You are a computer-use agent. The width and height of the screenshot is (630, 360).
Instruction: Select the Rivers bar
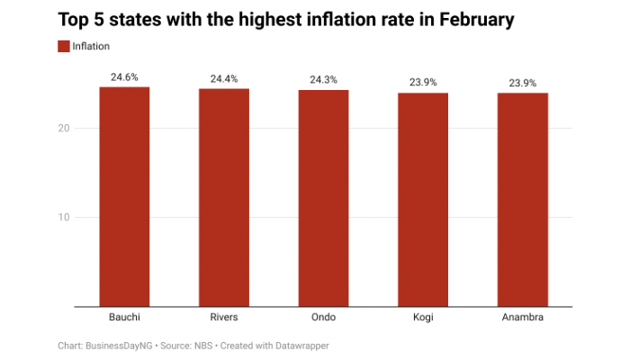click(x=224, y=197)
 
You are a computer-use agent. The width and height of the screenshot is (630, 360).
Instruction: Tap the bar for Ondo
click(x=323, y=198)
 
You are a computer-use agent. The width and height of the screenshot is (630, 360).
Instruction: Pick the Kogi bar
click(x=423, y=199)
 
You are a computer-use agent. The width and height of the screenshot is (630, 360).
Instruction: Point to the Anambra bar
click(x=523, y=199)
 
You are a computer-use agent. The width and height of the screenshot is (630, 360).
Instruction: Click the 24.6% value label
click(x=124, y=77)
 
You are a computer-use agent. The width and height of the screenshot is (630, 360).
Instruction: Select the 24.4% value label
click(x=224, y=79)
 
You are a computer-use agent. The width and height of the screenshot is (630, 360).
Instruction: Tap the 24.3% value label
click(x=323, y=80)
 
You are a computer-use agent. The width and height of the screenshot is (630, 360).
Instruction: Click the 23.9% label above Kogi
click(x=423, y=83)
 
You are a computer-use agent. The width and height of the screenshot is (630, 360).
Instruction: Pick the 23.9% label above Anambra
click(x=523, y=83)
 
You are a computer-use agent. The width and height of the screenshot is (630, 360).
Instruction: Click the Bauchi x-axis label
click(x=124, y=317)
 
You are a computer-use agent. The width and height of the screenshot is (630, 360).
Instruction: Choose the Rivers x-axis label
click(x=224, y=317)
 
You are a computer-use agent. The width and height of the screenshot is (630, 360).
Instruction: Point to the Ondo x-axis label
click(x=323, y=317)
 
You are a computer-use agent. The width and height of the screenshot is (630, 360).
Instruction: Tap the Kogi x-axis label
click(x=423, y=317)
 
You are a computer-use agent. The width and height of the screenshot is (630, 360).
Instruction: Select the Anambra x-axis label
click(x=523, y=317)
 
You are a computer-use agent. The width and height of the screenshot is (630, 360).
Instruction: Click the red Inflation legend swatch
click(x=63, y=46)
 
